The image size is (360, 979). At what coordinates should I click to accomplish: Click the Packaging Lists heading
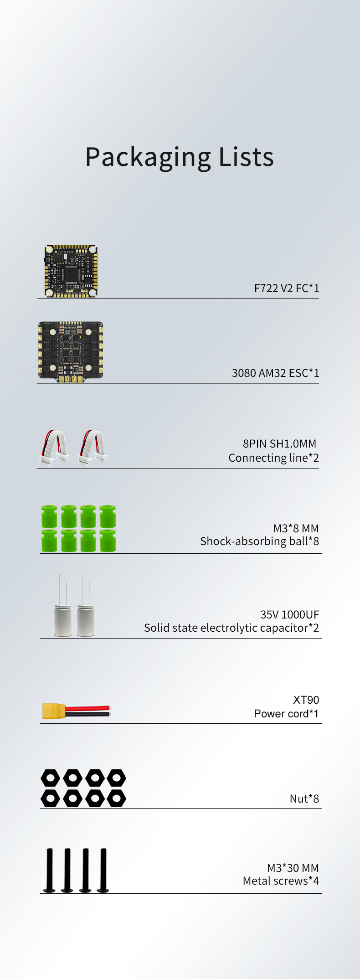coord(180,158)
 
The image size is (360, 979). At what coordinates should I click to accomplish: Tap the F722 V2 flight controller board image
coord(71,271)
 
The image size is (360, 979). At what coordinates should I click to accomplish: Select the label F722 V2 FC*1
coord(287,288)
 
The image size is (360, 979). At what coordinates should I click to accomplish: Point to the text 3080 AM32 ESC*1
coord(276,373)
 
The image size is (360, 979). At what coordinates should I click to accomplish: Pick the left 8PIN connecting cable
coord(54,448)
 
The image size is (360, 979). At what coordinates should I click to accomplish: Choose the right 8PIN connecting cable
coord(93,448)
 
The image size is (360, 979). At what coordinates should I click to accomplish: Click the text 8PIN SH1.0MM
coord(279,443)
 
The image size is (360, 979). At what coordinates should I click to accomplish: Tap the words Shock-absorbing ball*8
coord(259,541)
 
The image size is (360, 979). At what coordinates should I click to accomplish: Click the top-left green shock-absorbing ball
coord(49,516)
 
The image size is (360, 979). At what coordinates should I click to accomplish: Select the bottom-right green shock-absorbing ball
coord(108,541)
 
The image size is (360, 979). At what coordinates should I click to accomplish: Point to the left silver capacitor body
coord(63,620)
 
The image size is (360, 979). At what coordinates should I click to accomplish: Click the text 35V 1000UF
coord(290,614)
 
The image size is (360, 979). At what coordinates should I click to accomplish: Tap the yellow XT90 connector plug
coord(54,711)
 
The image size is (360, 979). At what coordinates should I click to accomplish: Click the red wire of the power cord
coord(87,708)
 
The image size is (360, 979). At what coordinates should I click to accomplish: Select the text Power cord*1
coord(286,713)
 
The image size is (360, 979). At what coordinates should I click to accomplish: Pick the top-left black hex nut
coord(50,778)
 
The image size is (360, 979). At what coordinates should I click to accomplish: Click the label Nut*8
coord(304,799)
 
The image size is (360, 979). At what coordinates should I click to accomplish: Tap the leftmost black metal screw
coord(49,870)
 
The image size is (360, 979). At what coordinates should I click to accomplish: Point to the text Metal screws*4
coord(281,881)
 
